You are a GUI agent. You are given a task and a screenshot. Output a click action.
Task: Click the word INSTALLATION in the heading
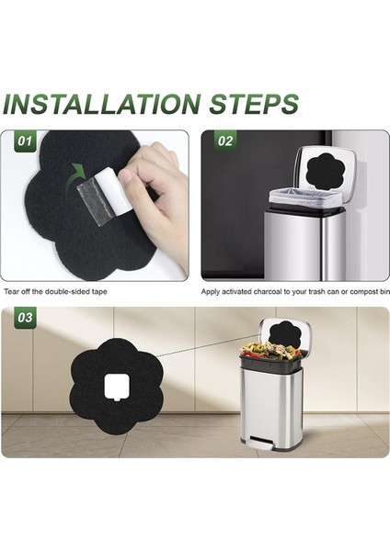pyautogui.click(x=103, y=104)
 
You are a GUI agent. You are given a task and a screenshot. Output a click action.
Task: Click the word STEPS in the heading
pyautogui.click(x=254, y=104)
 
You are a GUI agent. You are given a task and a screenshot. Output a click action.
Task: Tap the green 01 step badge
pyautogui.click(x=25, y=141)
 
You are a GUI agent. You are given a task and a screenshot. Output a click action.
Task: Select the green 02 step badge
pyautogui.click(x=225, y=141)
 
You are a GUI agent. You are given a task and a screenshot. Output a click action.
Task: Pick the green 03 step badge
pyautogui.click(x=25, y=318)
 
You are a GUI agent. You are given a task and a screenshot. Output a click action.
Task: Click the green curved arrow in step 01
pyautogui.click(x=78, y=172)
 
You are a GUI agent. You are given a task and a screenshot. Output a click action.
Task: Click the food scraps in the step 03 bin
pyautogui.click(x=269, y=349)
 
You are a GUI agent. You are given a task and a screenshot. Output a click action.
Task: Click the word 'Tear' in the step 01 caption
pyautogui.click(x=10, y=292)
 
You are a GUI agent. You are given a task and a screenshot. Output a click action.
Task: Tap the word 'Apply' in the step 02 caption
pyautogui.click(x=210, y=292)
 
